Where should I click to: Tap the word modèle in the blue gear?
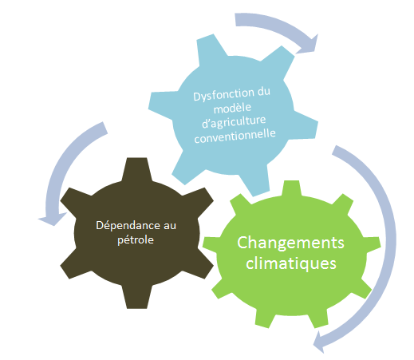coord(232,108)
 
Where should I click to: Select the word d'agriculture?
coord(234,121)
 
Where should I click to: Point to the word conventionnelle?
coord(235,136)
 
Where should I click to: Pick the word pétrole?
coord(136,240)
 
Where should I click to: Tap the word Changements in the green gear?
coord(290,243)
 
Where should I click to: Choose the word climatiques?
coord(291,263)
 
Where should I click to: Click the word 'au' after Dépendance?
coord(170,226)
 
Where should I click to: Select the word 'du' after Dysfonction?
coord(263,92)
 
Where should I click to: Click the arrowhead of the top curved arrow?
coord(309,45)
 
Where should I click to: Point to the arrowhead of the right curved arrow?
coord(320,342)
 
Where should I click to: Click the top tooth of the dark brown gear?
coord(136,168)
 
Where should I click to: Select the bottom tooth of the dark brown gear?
coord(136,298)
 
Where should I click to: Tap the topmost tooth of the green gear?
coord(292,188)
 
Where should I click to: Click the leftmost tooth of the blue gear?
coord(161,105)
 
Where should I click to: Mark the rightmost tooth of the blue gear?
coord(306,125)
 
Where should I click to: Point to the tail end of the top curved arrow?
coord(235,20)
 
